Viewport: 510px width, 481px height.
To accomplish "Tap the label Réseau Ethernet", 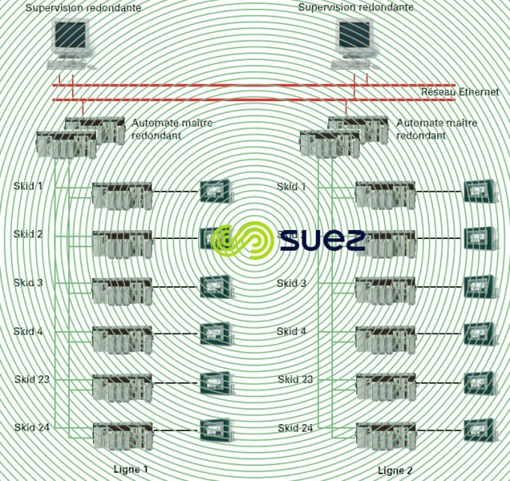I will coord(460,91).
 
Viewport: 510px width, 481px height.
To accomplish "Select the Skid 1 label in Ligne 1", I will coord(28,186).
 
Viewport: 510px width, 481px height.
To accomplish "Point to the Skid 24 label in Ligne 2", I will coord(295,428).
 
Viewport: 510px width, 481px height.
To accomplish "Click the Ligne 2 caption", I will coord(395,471).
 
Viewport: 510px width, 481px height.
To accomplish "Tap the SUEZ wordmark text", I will coord(322,240).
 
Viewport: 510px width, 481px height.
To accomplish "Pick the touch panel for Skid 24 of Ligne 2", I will coord(478,431).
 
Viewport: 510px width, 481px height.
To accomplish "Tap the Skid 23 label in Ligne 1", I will coord(31,380).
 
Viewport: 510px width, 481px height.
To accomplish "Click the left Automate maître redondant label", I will coord(172,129).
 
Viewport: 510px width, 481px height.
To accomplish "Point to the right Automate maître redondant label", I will coord(435,129).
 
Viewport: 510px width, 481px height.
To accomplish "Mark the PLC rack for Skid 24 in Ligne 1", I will coord(122,435).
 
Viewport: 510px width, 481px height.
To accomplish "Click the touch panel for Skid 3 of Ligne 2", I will coord(478,287).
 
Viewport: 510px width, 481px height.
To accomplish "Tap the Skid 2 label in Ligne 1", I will coord(28,234).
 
